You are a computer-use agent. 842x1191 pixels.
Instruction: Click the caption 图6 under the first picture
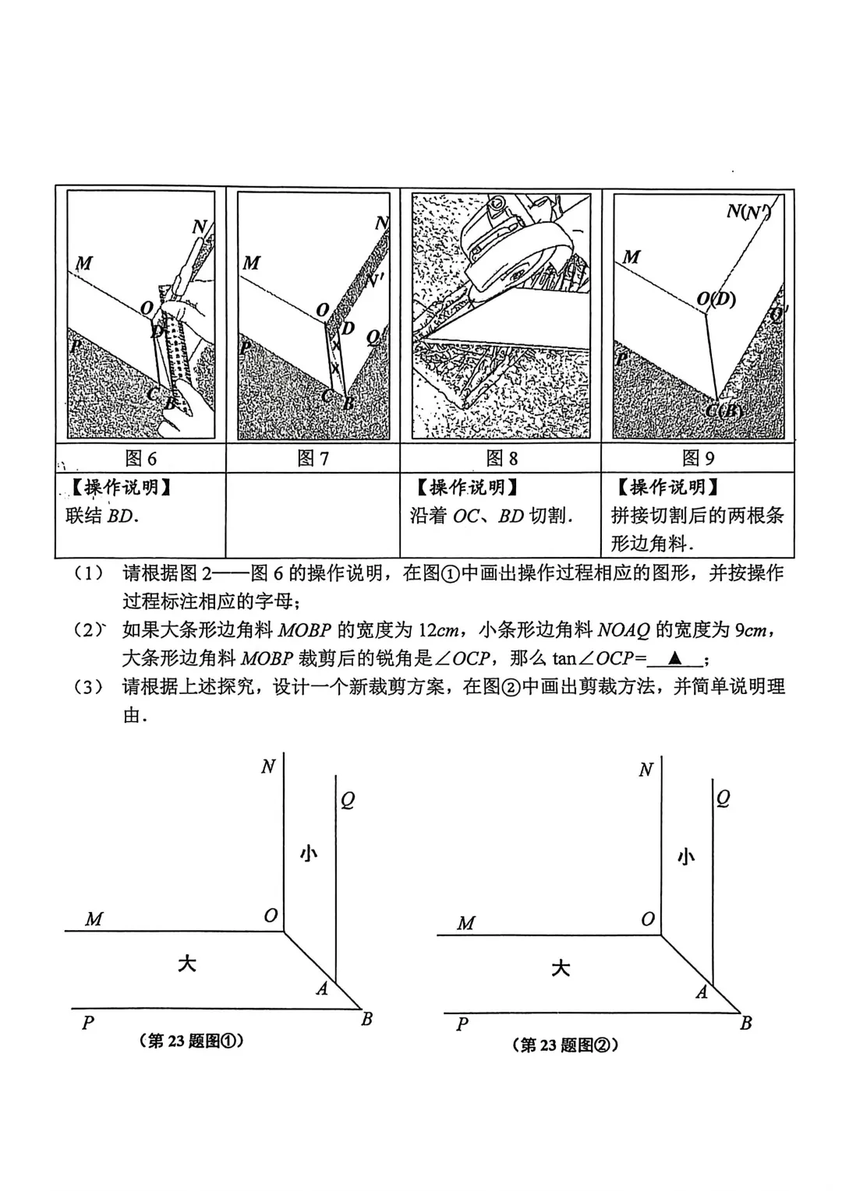click(140, 458)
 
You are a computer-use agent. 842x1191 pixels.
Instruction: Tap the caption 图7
click(313, 458)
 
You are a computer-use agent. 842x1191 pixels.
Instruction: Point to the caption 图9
click(698, 458)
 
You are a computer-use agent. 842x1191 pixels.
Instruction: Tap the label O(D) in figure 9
click(716, 299)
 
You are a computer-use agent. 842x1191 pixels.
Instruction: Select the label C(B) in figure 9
click(724, 411)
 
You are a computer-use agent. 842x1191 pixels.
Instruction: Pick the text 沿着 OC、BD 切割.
click(491, 516)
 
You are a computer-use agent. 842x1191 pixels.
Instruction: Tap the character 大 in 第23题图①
click(186, 964)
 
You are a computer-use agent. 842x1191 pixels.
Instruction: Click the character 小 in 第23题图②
click(685, 857)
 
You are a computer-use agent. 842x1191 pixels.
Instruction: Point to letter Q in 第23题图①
click(348, 800)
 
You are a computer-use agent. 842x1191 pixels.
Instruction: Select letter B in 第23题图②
click(745, 1023)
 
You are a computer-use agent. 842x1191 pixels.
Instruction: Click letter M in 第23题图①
click(94, 919)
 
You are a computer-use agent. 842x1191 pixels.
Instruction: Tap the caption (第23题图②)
click(565, 1045)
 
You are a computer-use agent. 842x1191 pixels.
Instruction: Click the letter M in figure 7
click(251, 263)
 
